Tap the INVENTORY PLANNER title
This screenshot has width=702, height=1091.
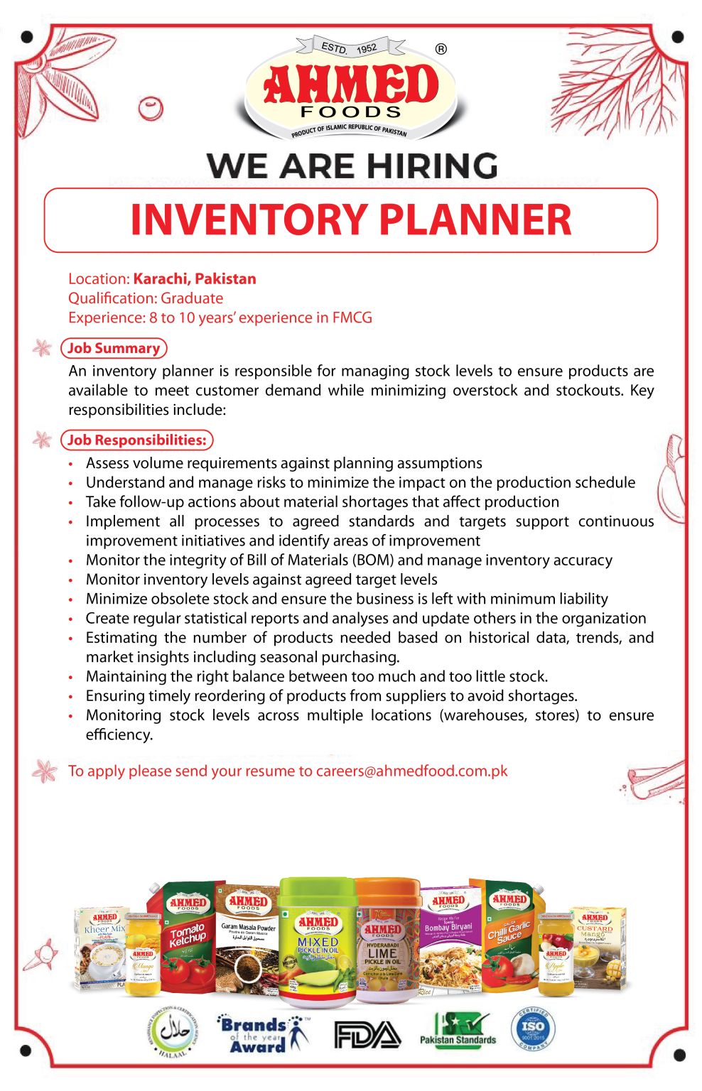[351, 219]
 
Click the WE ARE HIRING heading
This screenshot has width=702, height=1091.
[352, 165]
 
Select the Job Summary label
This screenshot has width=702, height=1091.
[114, 348]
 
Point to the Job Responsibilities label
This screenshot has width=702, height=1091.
[136, 440]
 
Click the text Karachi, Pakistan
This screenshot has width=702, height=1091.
[195, 278]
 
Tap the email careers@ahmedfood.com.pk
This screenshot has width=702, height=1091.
[411, 771]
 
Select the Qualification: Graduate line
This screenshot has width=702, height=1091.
[146, 298]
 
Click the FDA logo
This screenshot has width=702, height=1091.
[367, 1035]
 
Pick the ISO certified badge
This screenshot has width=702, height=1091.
[533, 1029]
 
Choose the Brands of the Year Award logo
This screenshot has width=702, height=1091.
[261, 1034]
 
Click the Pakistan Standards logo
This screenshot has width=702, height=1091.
[458, 1031]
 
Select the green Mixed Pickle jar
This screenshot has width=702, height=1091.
[317, 941]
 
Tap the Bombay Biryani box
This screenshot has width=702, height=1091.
[448, 942]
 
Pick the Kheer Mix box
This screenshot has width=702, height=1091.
[102, 948]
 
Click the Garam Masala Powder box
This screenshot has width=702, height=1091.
[248, 942]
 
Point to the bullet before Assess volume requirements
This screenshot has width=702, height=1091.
[71, 464]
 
